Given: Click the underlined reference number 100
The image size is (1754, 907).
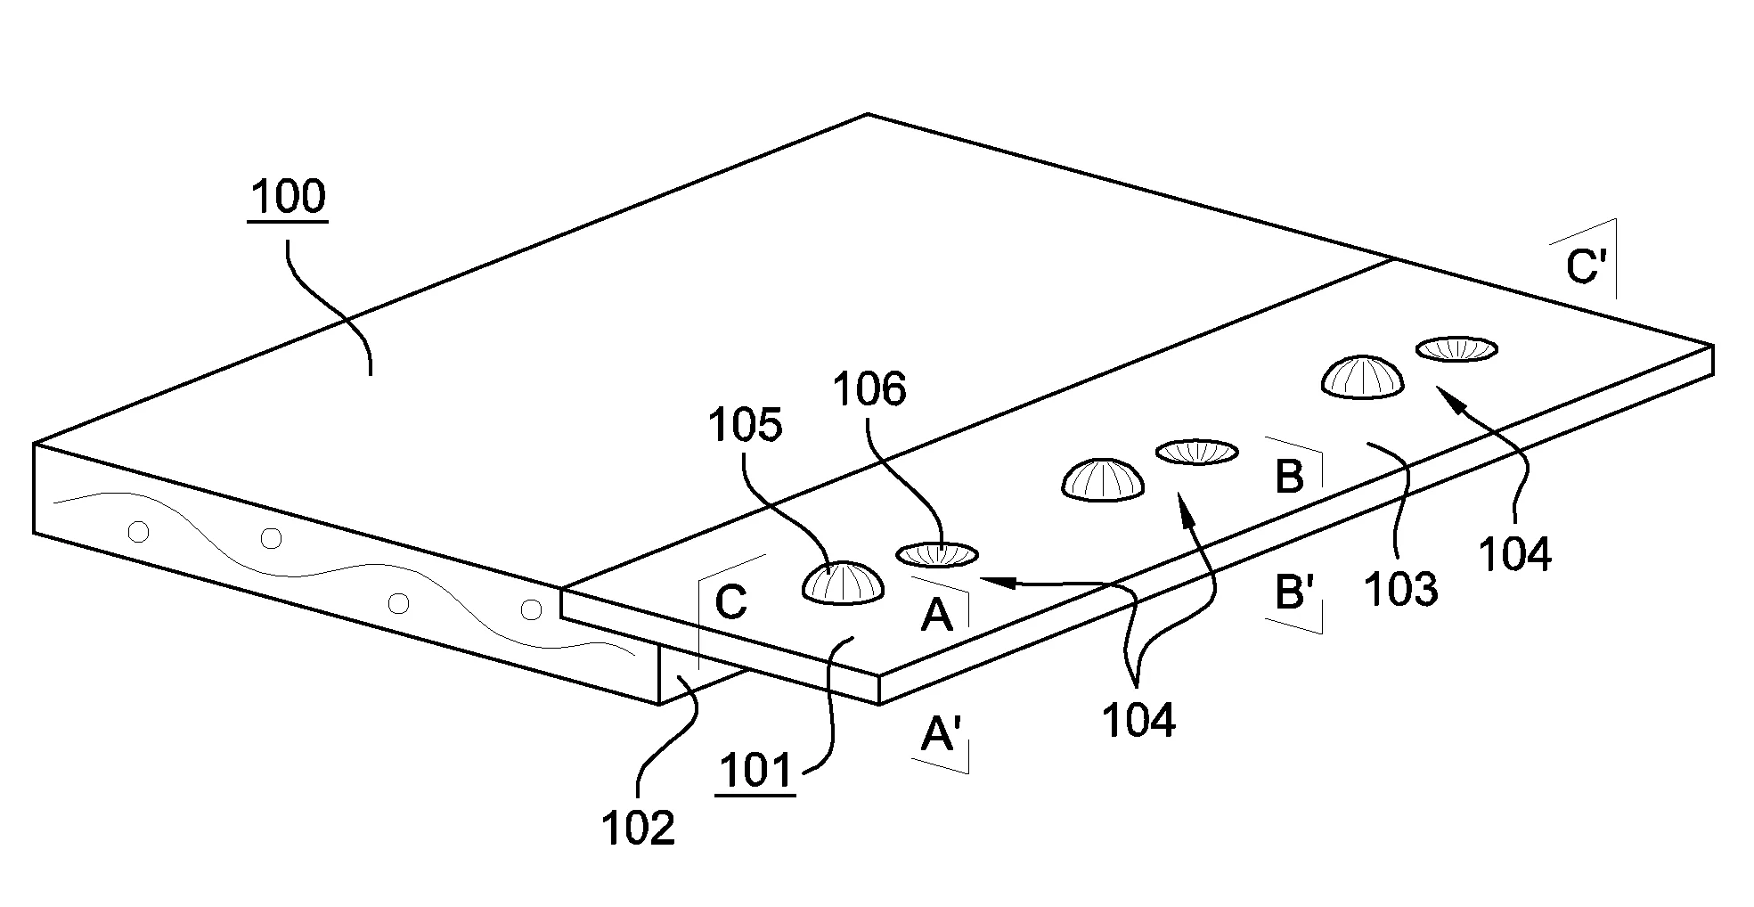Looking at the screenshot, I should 288,198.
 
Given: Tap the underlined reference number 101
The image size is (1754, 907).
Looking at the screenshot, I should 755,772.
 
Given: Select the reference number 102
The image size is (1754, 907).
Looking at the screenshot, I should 638,829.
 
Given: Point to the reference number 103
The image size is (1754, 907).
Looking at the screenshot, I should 1400,589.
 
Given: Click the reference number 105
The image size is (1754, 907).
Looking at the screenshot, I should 745,426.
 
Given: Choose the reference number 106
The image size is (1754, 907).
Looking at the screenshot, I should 869,389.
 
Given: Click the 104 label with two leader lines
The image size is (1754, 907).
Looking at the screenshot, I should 1138,719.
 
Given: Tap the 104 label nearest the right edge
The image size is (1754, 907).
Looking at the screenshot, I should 1514,554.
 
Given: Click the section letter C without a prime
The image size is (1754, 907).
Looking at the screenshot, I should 730,602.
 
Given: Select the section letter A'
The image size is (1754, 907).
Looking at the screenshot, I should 938,736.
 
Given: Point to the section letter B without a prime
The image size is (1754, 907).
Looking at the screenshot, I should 1289,477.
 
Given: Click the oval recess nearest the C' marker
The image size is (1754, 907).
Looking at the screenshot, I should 1456,349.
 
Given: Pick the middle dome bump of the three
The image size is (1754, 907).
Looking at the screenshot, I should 1103,481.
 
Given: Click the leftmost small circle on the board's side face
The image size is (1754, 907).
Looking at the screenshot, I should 138,532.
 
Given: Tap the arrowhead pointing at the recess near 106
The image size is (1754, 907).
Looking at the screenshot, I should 991,580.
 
